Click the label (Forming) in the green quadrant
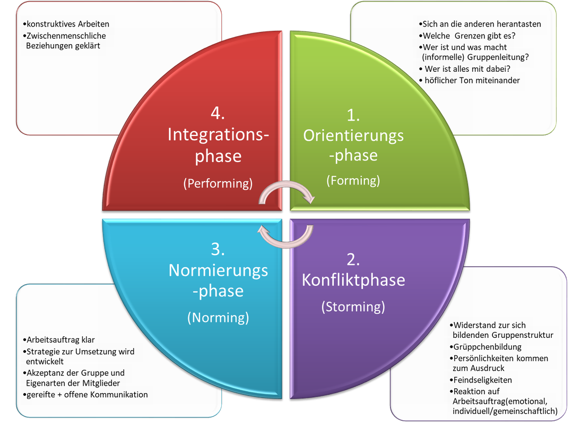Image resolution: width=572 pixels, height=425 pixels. (353, 181)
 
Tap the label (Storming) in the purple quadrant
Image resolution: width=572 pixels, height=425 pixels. (353, 307)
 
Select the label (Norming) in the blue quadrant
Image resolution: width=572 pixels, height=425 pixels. (218, 318)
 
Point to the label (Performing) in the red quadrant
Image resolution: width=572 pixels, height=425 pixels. (218, 183)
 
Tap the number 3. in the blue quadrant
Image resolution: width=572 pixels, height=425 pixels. (218, 249)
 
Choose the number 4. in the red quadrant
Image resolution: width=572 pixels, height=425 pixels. (218, 113)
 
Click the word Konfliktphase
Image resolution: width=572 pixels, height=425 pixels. (353, 280)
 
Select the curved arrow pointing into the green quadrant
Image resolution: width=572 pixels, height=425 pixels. (287, 192)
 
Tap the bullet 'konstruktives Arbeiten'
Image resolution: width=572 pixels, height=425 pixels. (67, 24)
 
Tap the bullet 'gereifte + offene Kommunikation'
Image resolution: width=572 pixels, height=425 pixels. (85, 395)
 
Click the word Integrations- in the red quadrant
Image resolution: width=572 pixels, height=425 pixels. (218, 134)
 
